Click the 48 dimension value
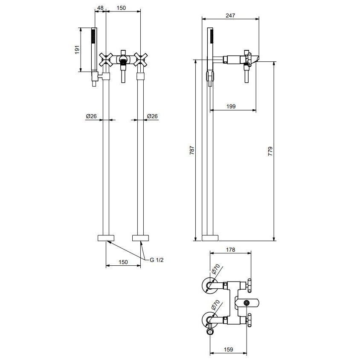tap(100, 8)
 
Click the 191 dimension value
tap(77, 50)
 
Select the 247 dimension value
tap(230, 15)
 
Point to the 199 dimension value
tap(231, 106)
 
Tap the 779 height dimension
tap(270, 151)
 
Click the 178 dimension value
tap(230, 250)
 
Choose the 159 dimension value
tap(228, 349)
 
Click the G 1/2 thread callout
tap(157, 260)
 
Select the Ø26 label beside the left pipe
tap(91, 116)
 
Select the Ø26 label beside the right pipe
tap(152, 116)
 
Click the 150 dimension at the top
tap(121, 8)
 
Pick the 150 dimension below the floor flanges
tap(123, 262)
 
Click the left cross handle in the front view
tap(106, 60)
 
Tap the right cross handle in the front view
tap(140, 59)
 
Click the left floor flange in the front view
tap(106, 238)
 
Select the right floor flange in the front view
tap(140, 238)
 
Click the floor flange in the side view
tap(210, 238)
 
